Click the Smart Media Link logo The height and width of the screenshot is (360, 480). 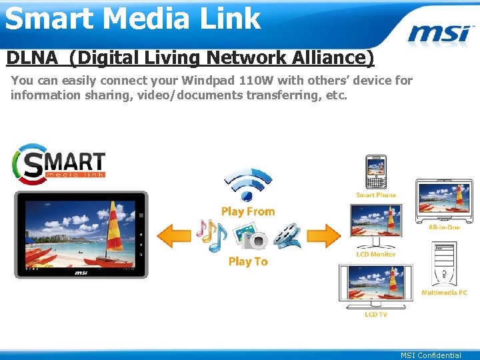pos(59,164)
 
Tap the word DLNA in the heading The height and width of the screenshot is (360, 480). pos(33,58)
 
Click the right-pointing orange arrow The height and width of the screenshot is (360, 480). pos(323,235)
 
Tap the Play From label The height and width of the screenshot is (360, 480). pos(248,211)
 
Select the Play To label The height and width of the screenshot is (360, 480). pos(248,261)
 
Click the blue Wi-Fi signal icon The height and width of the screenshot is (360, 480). pos(247,184)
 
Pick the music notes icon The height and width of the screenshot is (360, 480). pos(211,235)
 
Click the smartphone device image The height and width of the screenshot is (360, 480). pos(376,172)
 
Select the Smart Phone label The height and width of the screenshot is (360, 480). pos(376,195)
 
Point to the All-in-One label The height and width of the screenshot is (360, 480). pos(444,227)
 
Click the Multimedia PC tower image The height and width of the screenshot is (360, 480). pos(444,263)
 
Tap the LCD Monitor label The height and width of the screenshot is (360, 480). pos(376,254)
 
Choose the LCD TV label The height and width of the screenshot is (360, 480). pos(376,314)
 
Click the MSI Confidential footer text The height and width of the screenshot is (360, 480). pos(431,355)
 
